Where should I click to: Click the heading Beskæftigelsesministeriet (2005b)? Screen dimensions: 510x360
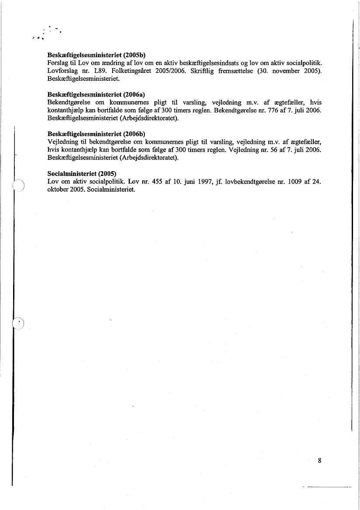pos(96,56)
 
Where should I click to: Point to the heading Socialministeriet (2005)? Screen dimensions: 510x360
pos(79,173)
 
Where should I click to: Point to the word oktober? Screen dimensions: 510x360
pos(57,190)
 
